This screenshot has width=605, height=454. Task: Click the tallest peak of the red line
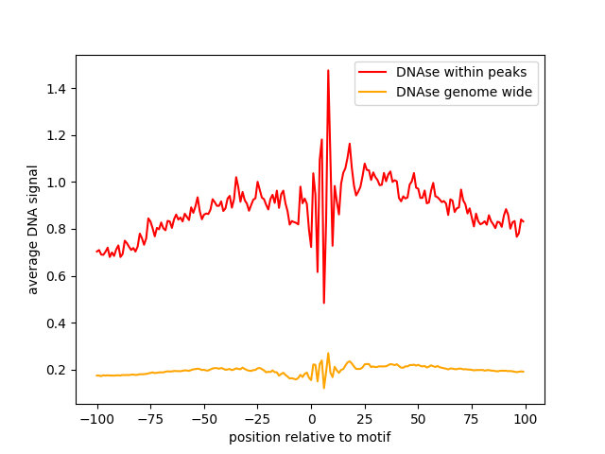click(328, 70)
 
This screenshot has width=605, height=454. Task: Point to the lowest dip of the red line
click(323, 303)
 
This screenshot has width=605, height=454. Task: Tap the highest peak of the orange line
click(328, 353)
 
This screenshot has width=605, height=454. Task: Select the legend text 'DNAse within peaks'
click(461, 72)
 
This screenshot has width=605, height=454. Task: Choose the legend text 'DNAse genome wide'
click(464, 92)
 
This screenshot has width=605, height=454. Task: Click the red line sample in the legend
click(372, 72)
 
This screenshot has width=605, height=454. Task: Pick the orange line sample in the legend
click(372, 92)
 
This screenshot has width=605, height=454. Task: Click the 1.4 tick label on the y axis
click(56, 89)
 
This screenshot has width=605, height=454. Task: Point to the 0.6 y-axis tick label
click(56, 276)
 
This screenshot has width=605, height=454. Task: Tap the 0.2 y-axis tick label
click(56, 370)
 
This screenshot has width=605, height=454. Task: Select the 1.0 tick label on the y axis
click(56, 183)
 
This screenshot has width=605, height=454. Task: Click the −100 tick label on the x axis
click(96, 419)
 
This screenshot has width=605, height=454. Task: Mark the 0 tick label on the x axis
click(312, 419)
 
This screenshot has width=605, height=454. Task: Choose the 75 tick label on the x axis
click(472, 419)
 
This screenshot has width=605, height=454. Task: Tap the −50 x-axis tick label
click(204, 419)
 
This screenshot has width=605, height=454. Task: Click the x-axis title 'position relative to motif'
click(310, 438)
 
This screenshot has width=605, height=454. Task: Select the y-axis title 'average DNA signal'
click(33, 230)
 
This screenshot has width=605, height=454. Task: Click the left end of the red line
click(96, 252)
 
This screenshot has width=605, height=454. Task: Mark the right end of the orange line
click(524, 372)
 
